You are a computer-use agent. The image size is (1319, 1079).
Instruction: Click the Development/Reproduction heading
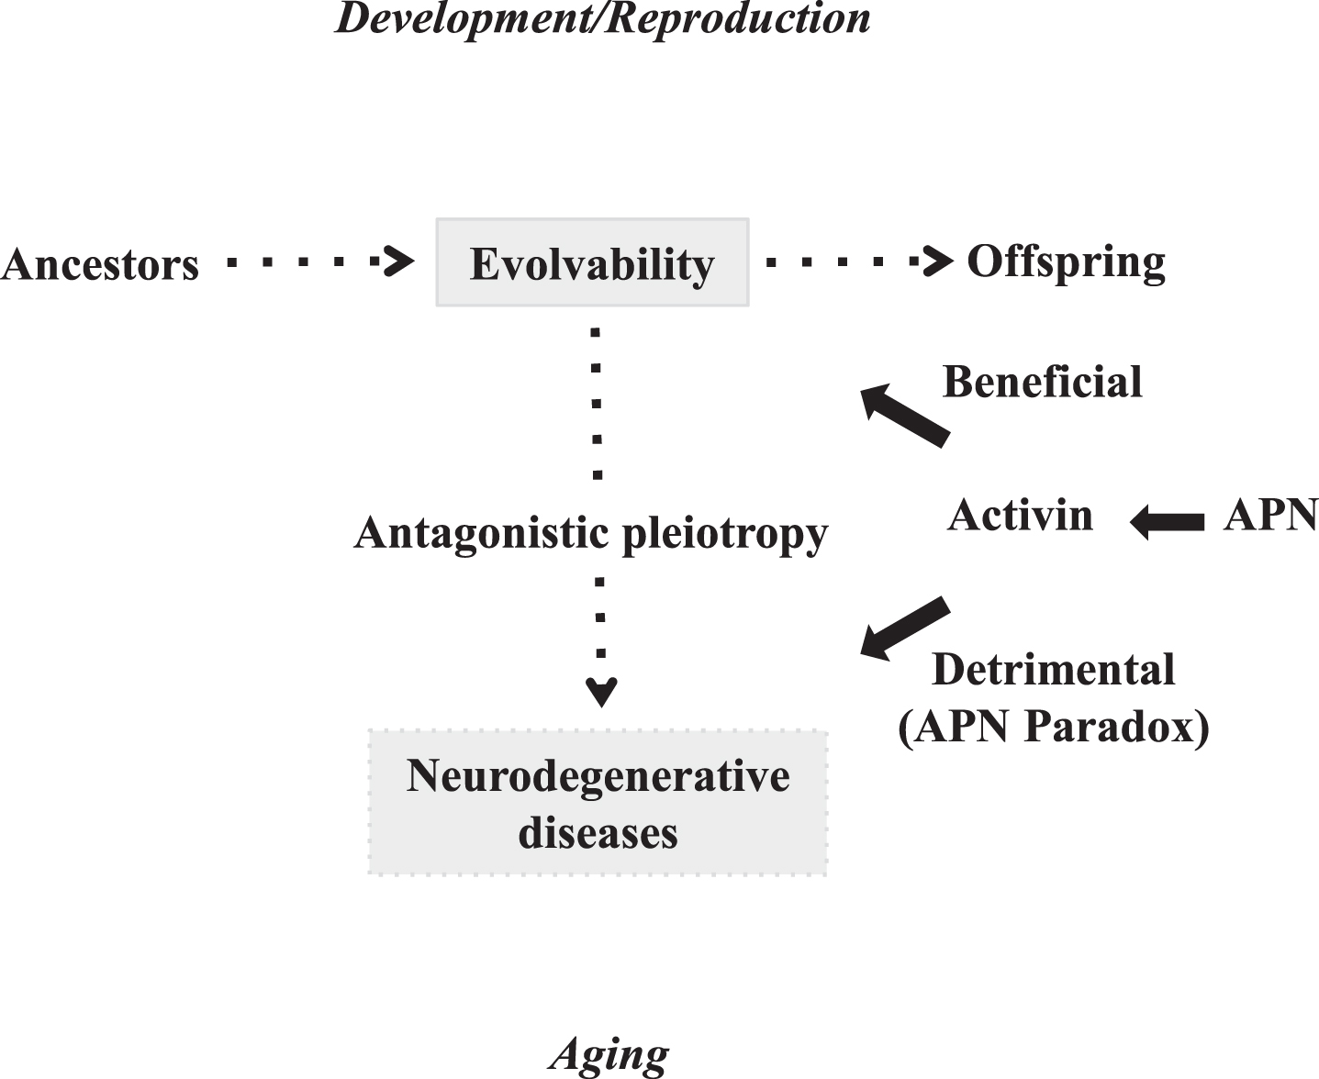coord(603,18)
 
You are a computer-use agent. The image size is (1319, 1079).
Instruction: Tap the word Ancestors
coord(100,264)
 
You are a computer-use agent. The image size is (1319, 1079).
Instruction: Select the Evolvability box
coord(592,261)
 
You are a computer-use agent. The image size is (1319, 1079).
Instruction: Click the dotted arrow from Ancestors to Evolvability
coord(320,261)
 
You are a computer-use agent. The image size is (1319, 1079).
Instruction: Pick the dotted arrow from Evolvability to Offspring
coord(860,261)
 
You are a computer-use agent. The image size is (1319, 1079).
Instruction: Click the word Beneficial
coord(1043,382)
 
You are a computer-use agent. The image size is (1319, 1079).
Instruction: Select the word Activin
coord(1020,516)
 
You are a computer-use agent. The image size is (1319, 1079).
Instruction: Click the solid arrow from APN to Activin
coord(1167,522)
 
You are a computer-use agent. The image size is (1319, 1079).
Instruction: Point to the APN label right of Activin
coord(1271,517)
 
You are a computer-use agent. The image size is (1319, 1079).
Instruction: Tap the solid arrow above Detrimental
coord(905,628)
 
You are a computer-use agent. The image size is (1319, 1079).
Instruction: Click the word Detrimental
coord(1054,670)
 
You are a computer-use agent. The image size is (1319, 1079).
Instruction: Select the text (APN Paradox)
coord(1054,727)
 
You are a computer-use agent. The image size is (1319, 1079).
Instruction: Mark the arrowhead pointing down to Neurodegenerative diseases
coord(601,692)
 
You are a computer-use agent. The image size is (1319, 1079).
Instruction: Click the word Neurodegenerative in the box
coord(598,776)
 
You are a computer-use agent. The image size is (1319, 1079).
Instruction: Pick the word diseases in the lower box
coord(598,833)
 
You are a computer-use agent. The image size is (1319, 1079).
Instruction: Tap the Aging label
coord(609,1054)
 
